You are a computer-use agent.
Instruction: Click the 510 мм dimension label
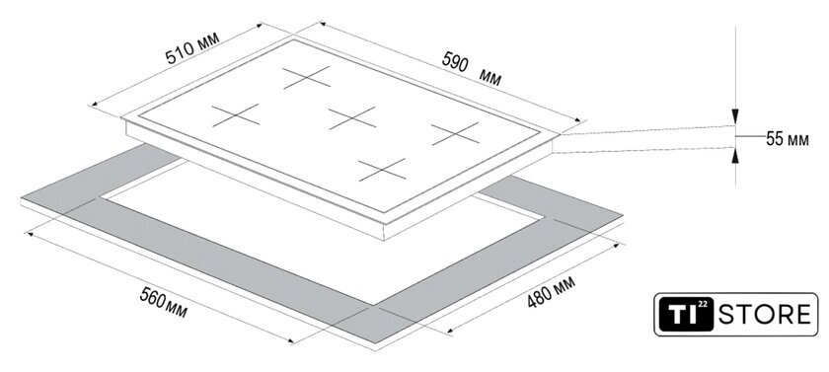(191, 48)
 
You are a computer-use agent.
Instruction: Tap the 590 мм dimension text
(471, 69)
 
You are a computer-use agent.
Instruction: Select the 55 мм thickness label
(788, 139)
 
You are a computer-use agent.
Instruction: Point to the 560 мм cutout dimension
(163, 303)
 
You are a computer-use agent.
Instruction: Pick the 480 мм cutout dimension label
(551, 291)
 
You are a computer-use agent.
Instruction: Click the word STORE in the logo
(764, 315)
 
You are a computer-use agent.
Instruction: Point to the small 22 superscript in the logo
(703, 305)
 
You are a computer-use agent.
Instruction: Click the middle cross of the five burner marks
(352, 117)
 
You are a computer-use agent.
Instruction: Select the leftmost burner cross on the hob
(236, 115)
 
